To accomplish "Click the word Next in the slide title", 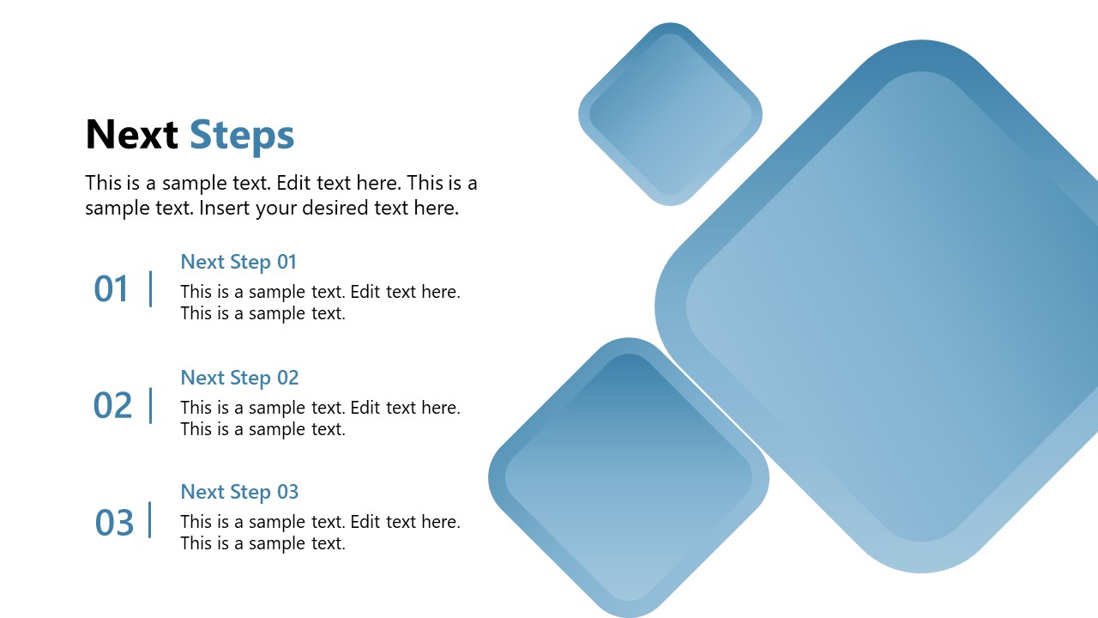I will click(131, 135).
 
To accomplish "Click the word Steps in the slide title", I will click(241, 136).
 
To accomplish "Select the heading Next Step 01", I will click(238, 262).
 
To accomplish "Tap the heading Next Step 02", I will click(239, 378).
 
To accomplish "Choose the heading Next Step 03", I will click(239, 492).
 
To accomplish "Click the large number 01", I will click(111, 289).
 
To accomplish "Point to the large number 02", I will click(112, 405).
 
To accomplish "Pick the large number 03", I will click(114, 522).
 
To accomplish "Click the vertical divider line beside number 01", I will click(151, 288).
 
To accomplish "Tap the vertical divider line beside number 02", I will click(151, 405).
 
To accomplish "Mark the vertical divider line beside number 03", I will click(151, 520).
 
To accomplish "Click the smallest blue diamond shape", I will click(670, 114).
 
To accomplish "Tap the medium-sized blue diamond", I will click(629, 477).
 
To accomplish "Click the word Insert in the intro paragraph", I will click(224, 208).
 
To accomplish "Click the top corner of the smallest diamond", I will click(670, 25).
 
